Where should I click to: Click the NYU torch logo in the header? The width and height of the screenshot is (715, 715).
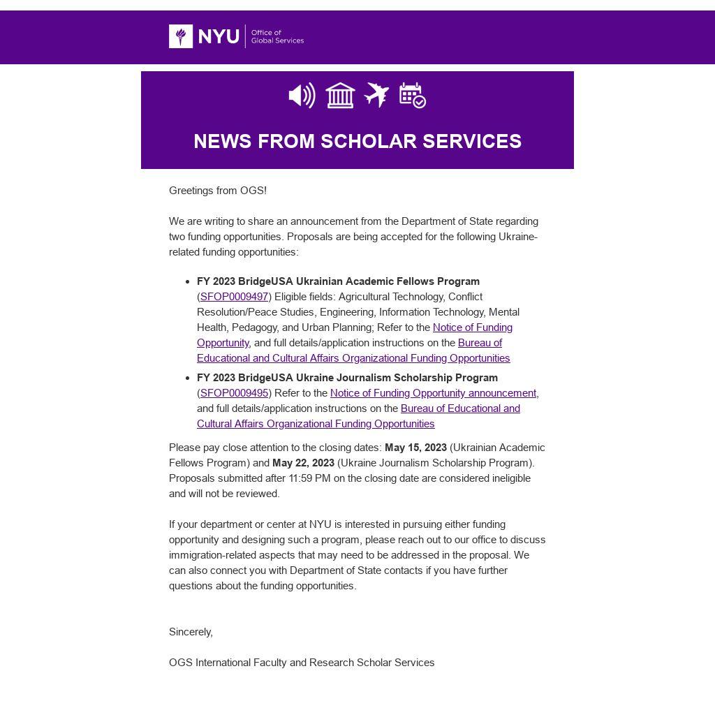(x=181, y=36)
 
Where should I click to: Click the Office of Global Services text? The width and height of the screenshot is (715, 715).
(x=277, y=36)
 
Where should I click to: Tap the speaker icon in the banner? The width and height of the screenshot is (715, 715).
(x=302, y=96)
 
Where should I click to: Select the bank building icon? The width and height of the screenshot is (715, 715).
(x=340, y=96)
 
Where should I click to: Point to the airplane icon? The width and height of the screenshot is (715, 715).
(x=376, y=95)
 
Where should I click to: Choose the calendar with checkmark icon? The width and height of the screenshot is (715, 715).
(x=413, y=96)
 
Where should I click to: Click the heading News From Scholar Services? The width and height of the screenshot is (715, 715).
(x=357, y=141)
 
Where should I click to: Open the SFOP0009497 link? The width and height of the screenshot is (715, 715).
(x=234, y=297)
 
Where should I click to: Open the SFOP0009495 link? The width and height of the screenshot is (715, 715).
(x=234, y=393)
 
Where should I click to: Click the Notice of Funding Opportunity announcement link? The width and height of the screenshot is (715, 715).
(x=433, y=393)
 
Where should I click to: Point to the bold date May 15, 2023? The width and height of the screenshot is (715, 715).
(x=415, y=448)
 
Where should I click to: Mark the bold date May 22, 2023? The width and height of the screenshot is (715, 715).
(x=303, y=463)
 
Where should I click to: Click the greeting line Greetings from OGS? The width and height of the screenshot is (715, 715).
(x=218, y=191)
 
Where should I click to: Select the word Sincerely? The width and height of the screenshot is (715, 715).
(x=191, y=632)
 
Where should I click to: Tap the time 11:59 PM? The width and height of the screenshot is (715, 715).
(x=312, y=478)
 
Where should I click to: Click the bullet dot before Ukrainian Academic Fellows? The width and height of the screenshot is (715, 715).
(x=188, y=282)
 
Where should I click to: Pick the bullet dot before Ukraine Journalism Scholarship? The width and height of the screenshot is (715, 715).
(x=188, y=378)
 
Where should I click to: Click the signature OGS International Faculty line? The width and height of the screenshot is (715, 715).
(x=302, y=663)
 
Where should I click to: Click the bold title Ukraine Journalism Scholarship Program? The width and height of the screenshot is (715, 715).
(x=347, y=378)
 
